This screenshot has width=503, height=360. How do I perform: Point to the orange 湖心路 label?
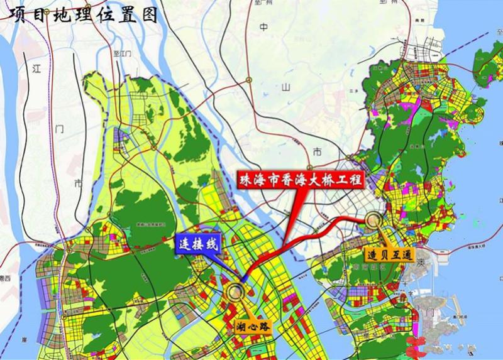[x=253, y=325]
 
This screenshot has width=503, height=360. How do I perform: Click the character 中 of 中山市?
[x=263, y=28]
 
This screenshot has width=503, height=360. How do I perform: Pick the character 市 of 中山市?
[x=317, y=151]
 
